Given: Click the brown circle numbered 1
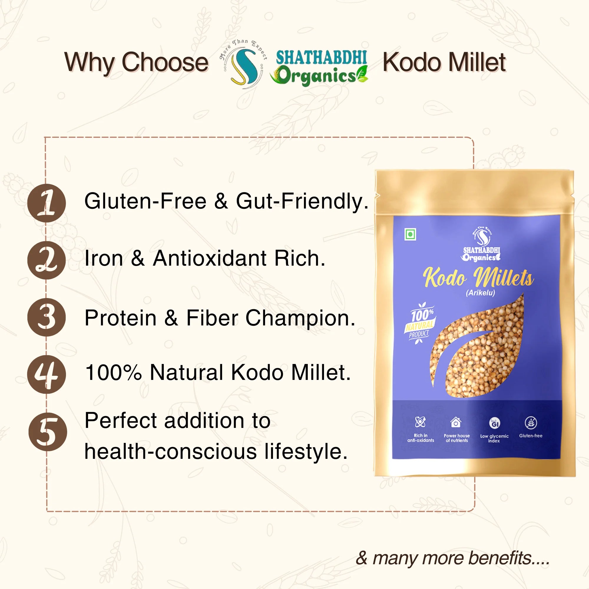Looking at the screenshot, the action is pos(47,203).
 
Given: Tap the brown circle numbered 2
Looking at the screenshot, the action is pos(47,260).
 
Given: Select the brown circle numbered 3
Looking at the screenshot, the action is pos(47,317).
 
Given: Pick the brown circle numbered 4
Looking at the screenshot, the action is pos(47,374).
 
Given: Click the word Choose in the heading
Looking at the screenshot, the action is pos(165,62).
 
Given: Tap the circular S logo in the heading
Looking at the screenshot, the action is pos(243,64).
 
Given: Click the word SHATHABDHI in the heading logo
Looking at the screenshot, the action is pos(321,58).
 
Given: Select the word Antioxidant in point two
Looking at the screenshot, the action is pos(210,258).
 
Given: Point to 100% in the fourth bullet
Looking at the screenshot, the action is pos(113,373).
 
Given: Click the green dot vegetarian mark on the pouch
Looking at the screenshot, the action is pos(410,234).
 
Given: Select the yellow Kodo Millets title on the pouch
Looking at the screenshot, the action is pos(478,277).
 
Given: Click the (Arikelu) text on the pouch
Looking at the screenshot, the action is pos(480,293).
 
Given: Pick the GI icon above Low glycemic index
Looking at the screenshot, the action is pos(494,423).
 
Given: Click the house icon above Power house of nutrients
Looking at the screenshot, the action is pos(456,423).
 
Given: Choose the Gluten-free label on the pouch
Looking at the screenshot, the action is pos(531,436).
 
